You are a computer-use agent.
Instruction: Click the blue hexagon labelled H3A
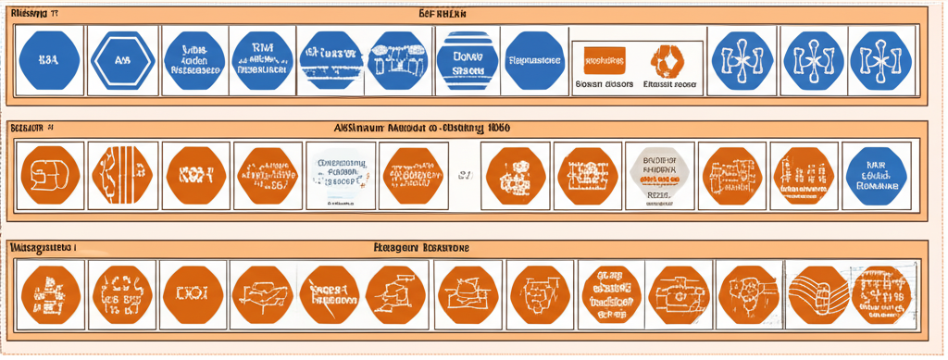47,58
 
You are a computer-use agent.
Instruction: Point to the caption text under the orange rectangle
604,83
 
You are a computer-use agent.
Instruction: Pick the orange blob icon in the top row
669,58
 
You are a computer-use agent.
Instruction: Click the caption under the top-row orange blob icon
670,83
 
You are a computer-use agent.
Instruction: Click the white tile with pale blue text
342,172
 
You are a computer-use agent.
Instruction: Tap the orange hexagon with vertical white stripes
121,172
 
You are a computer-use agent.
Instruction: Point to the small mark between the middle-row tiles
466,172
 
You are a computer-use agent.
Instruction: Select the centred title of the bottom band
420,248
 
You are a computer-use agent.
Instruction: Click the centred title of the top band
443,14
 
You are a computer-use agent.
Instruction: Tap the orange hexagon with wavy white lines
820,289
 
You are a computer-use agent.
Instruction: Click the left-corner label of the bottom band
41,248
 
